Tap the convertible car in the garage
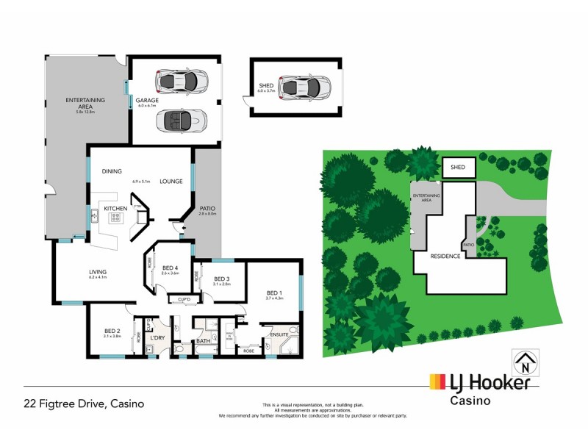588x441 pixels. click(181, 120)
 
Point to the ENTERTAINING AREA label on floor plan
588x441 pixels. click(85, 102)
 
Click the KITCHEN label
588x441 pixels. click(115, 209)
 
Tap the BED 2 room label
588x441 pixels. click(112, 330)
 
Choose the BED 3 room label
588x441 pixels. click(223, 279)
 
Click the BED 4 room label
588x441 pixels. click(171, 268)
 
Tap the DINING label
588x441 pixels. click(112, 171)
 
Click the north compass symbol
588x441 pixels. click(525, 362)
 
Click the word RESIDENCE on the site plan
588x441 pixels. click(446, 256)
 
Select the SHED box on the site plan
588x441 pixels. click(458, 168)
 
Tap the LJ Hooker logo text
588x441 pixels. click(487, 382)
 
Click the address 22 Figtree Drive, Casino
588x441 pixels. click(84, 404)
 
